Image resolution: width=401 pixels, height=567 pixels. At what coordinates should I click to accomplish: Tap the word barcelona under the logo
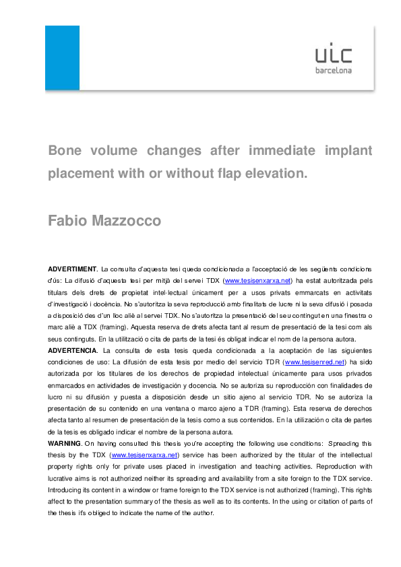click(x=334, y=70)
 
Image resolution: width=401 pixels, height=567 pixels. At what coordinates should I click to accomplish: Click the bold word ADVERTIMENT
click(x=73, y=269)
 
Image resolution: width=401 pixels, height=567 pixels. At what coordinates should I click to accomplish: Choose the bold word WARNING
click(x=64, y=444)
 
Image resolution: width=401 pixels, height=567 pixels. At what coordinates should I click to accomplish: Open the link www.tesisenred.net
click(x=311, y=362)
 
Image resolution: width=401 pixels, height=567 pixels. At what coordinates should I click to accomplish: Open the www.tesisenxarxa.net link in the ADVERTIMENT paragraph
click(x=257, y=281)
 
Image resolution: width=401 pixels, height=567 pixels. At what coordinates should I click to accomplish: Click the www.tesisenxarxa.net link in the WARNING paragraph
click(x=144, y=455)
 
